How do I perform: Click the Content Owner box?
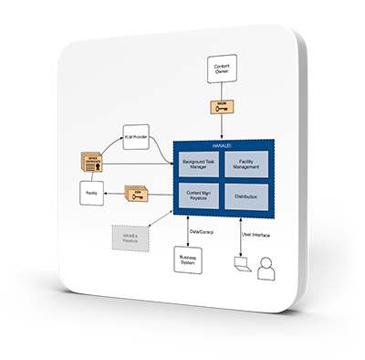click(221, 69)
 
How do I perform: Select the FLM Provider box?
click(139, 141)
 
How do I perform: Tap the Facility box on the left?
click(91, 193)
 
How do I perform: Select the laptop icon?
click(240, 266)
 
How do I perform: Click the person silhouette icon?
click(266, 269)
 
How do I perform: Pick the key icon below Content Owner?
click(221, 107)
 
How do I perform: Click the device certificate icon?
click(93, 163)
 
